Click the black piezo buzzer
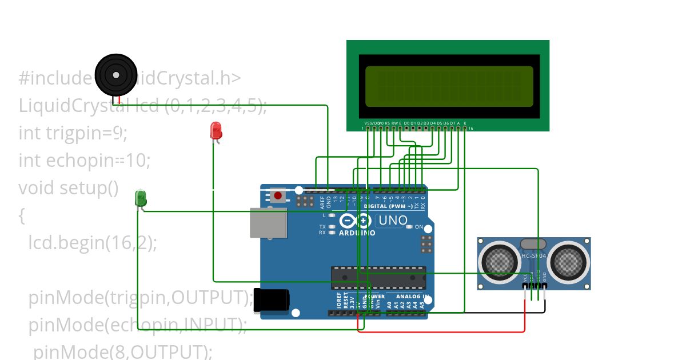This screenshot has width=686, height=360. click(x=116, y=75)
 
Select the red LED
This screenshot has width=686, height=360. click(x=216, y=131)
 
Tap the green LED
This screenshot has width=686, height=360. click(x=141, y=198)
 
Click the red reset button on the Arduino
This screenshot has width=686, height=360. click(x=278, y=196)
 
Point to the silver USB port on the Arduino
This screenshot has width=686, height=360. click(x=268, y=222)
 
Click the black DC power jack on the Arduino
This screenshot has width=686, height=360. click(x=272, y=300)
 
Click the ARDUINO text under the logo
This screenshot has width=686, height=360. click(x=357, y=233)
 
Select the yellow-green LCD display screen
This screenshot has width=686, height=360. click(x=449, y=86)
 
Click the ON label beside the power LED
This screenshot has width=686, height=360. click(x=418, y=227)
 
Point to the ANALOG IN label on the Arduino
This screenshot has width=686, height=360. click(x=409, y=297)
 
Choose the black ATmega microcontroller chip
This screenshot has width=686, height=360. click(x=378, y=277)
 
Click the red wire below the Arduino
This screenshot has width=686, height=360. click(x=440, y=331)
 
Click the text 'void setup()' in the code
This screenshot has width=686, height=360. click(x=68, y=187)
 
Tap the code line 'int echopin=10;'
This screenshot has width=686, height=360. click(x=84, y=160)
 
